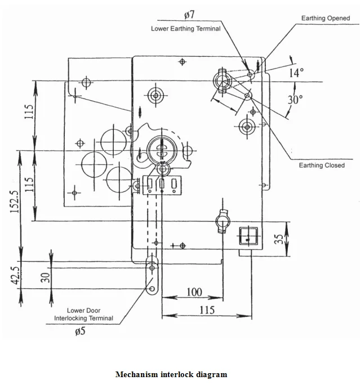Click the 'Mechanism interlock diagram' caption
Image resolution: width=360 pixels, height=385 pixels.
[171, 374]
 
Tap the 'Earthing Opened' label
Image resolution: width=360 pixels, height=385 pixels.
[325, 18]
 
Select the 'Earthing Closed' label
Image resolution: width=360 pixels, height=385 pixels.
[321, 165]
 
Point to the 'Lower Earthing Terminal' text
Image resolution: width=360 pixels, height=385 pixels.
[185, 28]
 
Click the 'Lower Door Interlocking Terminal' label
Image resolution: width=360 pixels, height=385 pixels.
[83, 314]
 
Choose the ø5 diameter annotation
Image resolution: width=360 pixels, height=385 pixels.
[81, 331]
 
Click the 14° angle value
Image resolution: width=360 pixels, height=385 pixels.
[296, 73]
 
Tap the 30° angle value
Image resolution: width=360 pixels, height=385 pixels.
[296, 100]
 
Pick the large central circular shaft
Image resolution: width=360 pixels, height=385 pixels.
[162, 150]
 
